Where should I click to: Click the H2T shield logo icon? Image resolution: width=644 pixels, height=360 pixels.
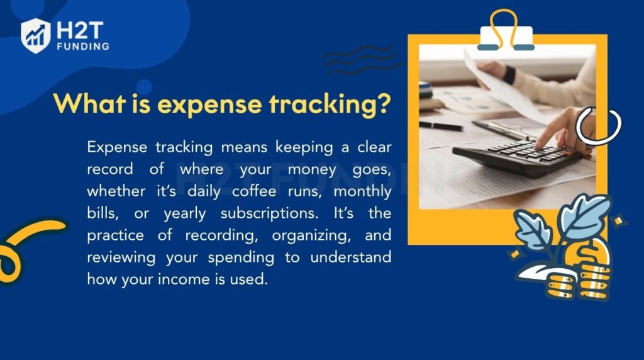tap(35, 35)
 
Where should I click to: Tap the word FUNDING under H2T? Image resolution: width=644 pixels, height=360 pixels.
tap(82, 46)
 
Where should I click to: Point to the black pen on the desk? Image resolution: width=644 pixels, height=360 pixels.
tap(441, 126)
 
